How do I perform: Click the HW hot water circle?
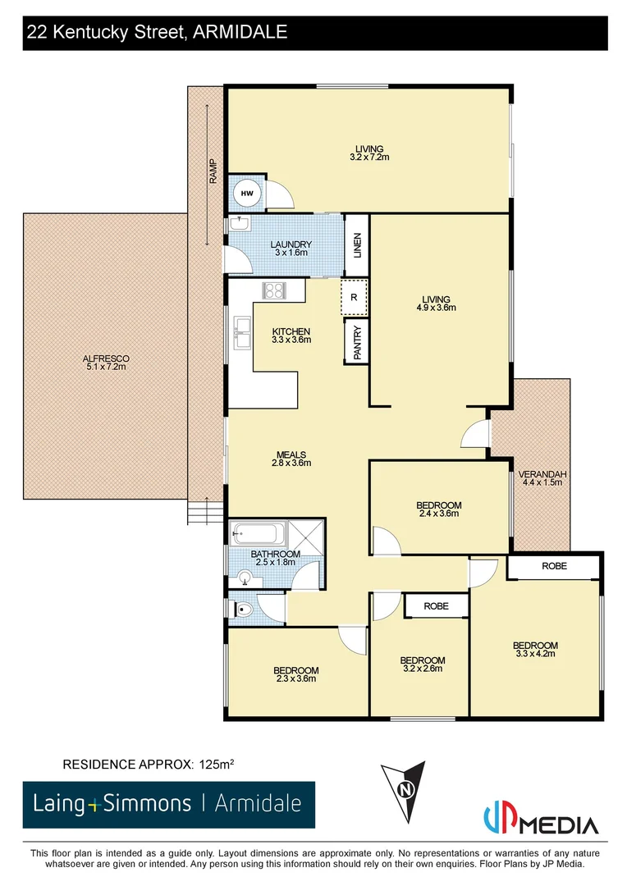point(248,194)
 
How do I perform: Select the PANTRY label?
point(357,340)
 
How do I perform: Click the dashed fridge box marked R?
point(355,297)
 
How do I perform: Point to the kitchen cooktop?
point(272,290)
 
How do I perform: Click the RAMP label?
point(213,171)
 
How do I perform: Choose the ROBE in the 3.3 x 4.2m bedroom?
point(554,567)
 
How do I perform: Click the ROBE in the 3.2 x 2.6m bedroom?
point(436,606)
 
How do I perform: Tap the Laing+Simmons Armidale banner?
point(168,803)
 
